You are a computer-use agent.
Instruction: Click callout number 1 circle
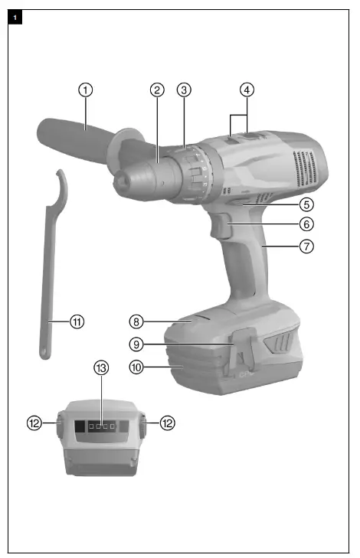click(86, 90)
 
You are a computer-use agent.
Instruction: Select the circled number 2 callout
click(157, 90)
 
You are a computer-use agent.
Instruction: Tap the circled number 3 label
click(184, 90)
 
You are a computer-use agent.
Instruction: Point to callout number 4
click(246, 90)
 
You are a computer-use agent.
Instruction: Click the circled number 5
click(306, 204)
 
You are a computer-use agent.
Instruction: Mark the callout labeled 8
click(136, 322)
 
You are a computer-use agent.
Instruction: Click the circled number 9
click(136, 345)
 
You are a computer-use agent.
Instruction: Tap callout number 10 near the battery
click(136, 367)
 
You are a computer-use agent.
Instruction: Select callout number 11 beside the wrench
click(76, 322)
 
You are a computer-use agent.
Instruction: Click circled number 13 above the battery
click(102, 368)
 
